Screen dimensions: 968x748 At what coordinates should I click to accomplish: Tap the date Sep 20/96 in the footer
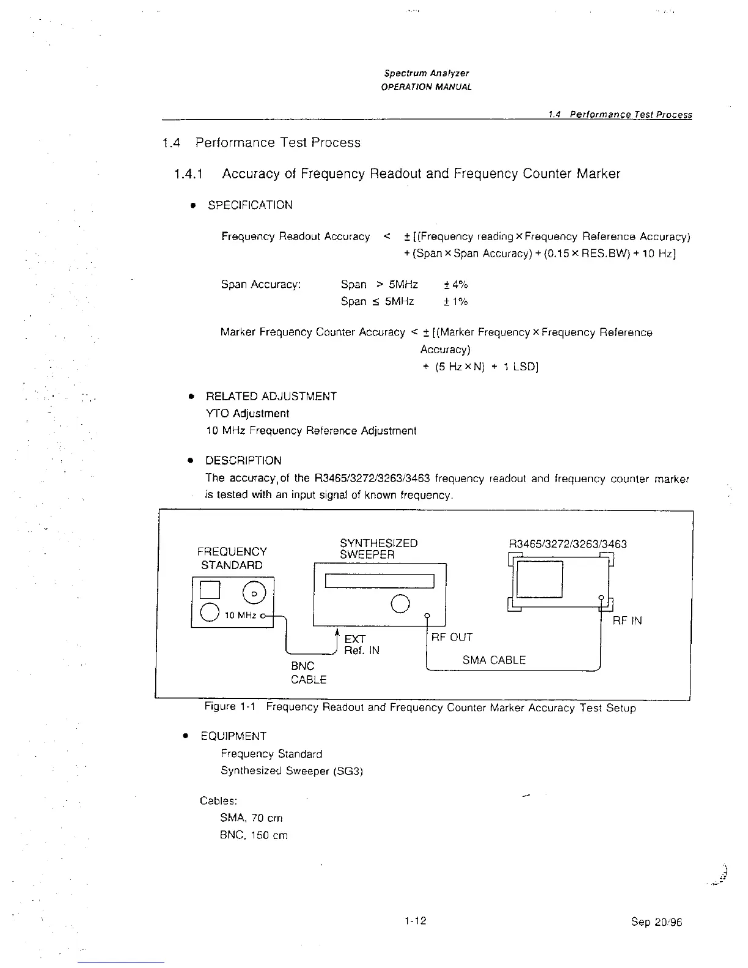[656, 922]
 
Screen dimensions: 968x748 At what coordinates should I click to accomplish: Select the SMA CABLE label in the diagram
[494, 660]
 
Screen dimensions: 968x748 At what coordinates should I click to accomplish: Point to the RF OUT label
[452, 637]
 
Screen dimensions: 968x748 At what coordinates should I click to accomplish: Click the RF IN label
[627, 621]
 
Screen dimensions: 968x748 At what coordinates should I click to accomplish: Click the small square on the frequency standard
[210, 590]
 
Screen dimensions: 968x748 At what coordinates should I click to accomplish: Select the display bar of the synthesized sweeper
[379, 581]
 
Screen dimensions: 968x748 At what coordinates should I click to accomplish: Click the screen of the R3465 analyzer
[539, 579]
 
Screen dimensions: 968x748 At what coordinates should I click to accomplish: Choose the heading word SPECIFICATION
[250, 205]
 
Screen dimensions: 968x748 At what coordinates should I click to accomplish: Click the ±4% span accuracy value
[455, 285]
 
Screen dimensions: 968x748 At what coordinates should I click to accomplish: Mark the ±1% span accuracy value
[455, 302]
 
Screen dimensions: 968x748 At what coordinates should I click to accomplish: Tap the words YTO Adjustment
[248, 414]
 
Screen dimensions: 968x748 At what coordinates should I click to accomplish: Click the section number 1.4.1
[188, 174]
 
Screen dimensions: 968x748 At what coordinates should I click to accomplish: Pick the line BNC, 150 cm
[253, 835]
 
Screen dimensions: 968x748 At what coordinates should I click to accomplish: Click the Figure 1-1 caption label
[229, 707]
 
